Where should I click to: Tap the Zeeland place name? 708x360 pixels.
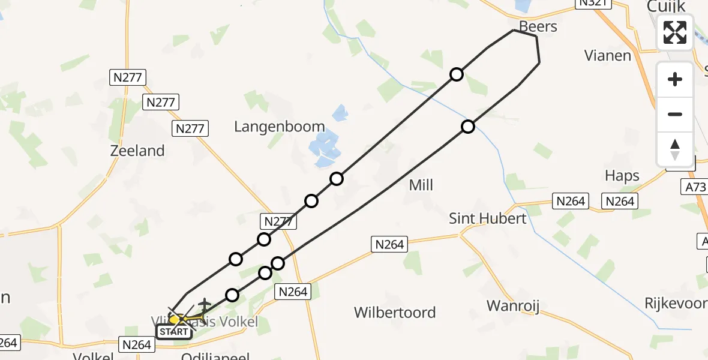pyautogui.click(x=137, y=151)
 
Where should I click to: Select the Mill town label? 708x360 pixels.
pyautogui.click(x=421, y=185)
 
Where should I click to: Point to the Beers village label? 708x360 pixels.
pyautogui.click(x=538, y=26)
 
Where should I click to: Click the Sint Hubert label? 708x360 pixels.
pyautogui.click(x=487, y=218)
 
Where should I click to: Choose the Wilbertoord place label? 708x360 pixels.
pyautogui.click(x=394, y=313)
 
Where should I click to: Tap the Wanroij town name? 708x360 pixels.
pyautogui.click(x=512, y=306)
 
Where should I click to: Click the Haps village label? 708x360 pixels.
pyautogui.click(x=622, y=176)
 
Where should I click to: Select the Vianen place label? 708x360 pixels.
pyautogui.click(x=608, y=56)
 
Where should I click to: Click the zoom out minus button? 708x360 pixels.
pyautogui.click(x=675, y=114)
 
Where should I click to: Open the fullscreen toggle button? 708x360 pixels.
pyautogui.click(x=675, y=32)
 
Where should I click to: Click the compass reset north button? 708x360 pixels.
pyautogui.click(x=675, y=149)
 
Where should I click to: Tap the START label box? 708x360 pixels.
pyautogui.click(x=174, y=332)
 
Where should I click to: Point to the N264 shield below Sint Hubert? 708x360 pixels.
pyautogui.click(x=390, y=244)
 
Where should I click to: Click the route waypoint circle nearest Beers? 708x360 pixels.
pyautogui.click(x=457, y=74)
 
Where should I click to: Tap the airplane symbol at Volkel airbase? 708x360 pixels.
pyautogui.click(x=205, y=305)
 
